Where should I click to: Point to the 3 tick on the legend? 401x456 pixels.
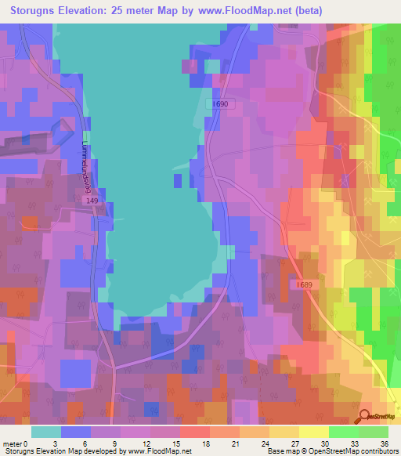click(x=62, y=443)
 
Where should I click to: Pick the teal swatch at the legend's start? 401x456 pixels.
click(x=46, y=432)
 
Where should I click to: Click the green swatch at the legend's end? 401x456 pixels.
click(x=374, y=432)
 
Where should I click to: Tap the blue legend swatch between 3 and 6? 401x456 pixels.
click(x=76, y=432)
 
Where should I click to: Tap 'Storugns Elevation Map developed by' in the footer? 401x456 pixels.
click(x=63, y=451)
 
